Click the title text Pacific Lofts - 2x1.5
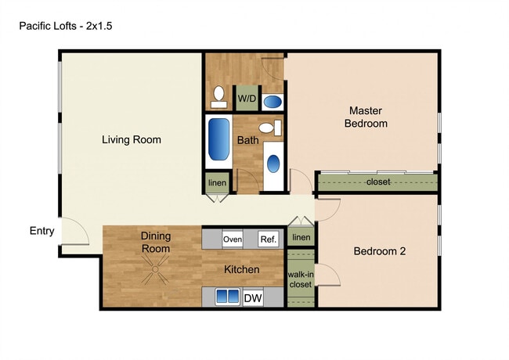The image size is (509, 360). (67, 26)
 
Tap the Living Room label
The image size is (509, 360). (131, 140)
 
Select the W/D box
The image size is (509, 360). (247, 99)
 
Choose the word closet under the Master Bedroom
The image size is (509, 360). (378, 182)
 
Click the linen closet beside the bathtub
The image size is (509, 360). (217, 182)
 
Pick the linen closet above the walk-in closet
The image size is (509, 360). (301, 237)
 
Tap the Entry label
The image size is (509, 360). (42, 231)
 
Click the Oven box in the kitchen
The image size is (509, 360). (233, 239)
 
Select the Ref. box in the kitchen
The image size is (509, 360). (269, 239)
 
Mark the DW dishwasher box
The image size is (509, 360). (253, 297)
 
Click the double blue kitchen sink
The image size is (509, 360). (228, 297)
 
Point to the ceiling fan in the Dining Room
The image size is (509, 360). (155, 274)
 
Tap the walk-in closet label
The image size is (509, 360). (300, 279)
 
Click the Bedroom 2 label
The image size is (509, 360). (379, 251)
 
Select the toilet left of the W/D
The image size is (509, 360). (218, 98)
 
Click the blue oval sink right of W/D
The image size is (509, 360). (273, 101)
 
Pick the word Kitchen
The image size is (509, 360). (242, 270)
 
